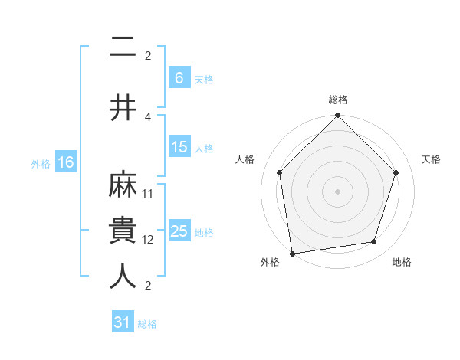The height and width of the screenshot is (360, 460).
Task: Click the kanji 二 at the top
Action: point(123,48)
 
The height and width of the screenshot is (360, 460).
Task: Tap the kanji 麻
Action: point(123,185)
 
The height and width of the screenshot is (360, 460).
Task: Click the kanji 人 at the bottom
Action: point(123,277)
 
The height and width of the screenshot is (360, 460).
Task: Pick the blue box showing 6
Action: point(179,78)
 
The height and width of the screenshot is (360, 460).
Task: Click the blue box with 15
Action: point(179,148)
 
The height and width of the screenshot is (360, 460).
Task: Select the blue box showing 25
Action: point(179,231)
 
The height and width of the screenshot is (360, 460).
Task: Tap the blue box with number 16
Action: point(65,162)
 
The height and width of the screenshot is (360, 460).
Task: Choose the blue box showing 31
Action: point(123,322)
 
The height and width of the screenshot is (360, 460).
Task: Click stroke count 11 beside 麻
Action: point(148,194)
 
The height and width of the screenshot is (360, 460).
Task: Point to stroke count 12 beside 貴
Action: point(148,240)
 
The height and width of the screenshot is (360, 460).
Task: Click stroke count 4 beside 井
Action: point(148,116)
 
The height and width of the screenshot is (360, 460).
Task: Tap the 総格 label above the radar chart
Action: point(338,100)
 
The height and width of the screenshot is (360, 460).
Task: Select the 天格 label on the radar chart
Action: point(432,159)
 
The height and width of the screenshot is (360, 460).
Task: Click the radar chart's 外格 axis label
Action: point(270,263)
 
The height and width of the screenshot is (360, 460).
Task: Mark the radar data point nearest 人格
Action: point(280,172)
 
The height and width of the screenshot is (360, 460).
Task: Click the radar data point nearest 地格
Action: point(374,242)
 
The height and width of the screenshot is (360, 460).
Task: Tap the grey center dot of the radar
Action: point(338,191)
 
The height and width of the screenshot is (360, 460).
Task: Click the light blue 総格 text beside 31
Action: point(147,324)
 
